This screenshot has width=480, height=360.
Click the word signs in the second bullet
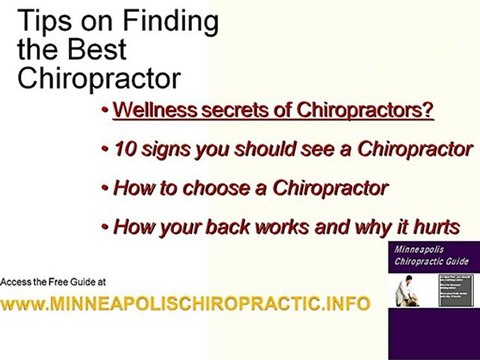tap(162, 150)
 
